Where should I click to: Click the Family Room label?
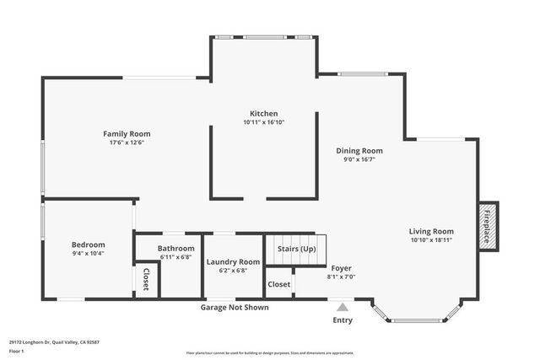point(127,133)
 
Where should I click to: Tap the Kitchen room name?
point(263,114)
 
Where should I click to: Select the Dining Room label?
point(359,150)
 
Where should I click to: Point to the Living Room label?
point(431,231)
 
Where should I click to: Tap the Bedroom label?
point(88,244)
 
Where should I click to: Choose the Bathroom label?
point(176,249)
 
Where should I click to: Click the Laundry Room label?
point(233,262)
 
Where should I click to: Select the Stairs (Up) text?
point(296,249)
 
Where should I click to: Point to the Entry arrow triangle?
point(342,307)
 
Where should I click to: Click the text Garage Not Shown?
point(235,308)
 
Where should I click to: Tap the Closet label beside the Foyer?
point(279,284)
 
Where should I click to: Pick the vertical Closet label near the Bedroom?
point(145,280)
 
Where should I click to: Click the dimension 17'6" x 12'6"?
point(127,142)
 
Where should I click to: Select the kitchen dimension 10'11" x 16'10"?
point(263,122)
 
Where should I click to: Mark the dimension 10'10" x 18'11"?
point(431,240)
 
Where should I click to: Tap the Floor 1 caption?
point(17,351)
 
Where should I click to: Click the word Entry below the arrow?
point(343,320)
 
